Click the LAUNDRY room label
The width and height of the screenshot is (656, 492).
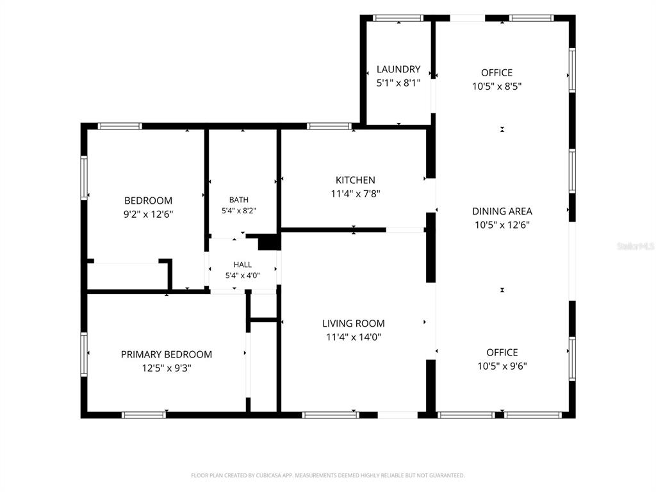398,69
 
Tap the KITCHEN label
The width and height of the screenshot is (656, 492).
355,180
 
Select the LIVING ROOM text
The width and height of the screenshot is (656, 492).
354,324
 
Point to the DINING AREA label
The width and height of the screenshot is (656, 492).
502,211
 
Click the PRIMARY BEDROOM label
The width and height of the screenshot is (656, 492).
167,354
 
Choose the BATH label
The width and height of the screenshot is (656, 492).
239,200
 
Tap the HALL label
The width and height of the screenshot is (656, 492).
243,265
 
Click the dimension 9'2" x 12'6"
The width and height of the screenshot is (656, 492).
148,214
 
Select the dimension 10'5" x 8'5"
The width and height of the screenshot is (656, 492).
497,86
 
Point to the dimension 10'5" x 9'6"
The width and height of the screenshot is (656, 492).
502,366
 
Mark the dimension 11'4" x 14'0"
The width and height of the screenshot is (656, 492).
354,337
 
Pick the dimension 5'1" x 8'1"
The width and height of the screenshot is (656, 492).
398,83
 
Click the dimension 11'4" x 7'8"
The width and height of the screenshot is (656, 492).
355,193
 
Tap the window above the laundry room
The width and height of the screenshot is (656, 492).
398,18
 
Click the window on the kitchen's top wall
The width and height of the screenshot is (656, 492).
329,126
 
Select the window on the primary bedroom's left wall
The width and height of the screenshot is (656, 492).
84,354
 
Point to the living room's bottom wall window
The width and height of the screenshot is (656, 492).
331,415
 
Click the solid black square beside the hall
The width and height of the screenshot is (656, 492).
268,242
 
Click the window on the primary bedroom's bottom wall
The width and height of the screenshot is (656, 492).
144,415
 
